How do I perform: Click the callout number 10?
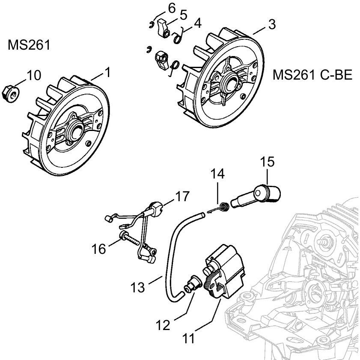click(34, 75)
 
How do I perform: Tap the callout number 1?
click(107, 72)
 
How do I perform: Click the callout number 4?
click(197, 23)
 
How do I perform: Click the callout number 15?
click(266, 163)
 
